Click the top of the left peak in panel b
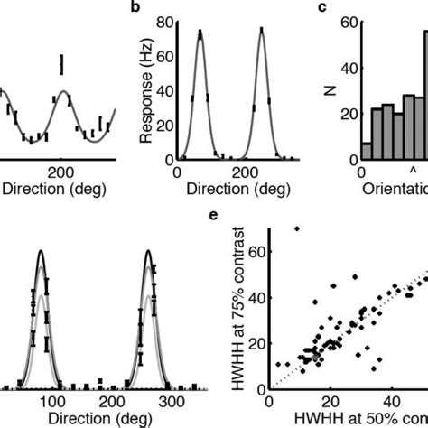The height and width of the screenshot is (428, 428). [200, 33]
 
